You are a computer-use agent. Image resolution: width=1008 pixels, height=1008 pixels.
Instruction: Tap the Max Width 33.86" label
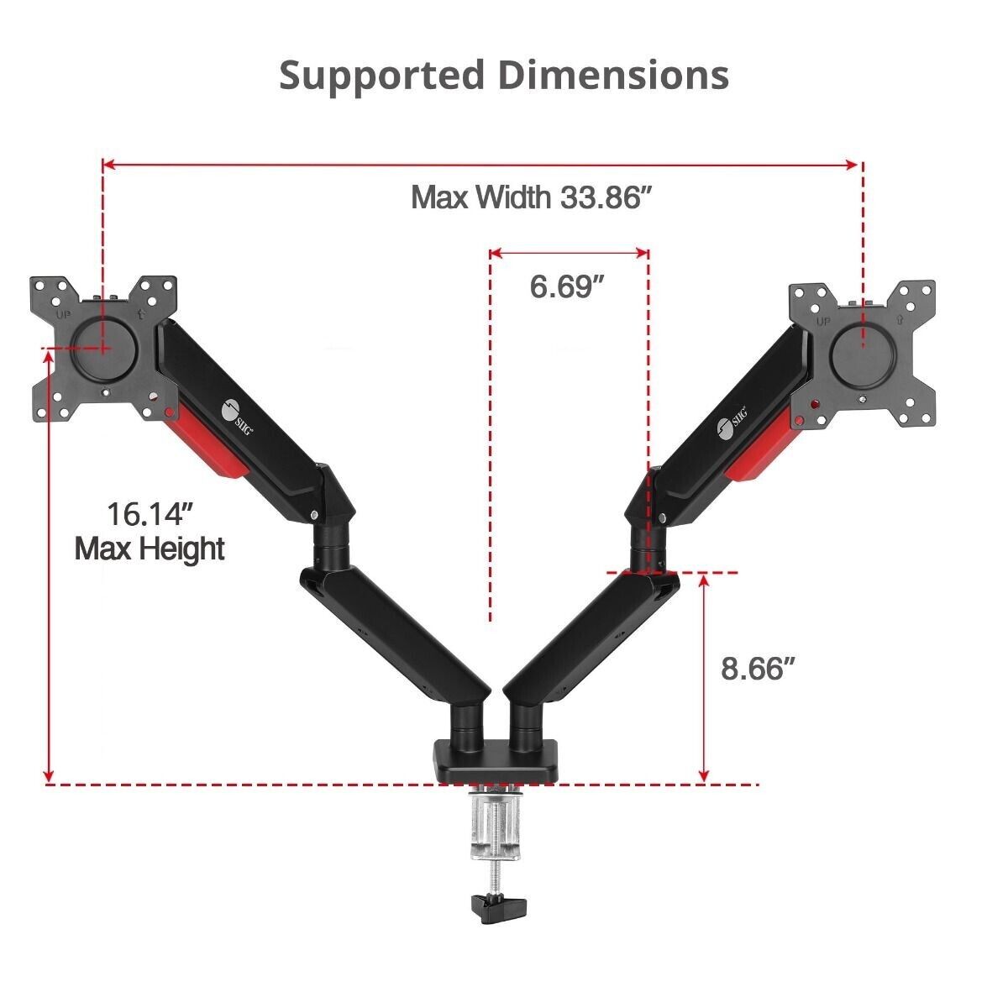click(x=533, y=197)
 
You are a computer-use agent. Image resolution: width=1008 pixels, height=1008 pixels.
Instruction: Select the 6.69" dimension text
click(x=567, y=286)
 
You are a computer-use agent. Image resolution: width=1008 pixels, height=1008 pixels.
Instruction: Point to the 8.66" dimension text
click(x=759, y=668)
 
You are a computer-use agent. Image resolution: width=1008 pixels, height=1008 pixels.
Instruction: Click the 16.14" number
click(x=151, y=514)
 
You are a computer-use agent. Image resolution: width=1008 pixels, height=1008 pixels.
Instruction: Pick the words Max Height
click(x=150, y=549)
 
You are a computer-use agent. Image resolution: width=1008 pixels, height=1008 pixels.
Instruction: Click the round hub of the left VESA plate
click(x=106, y=349)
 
